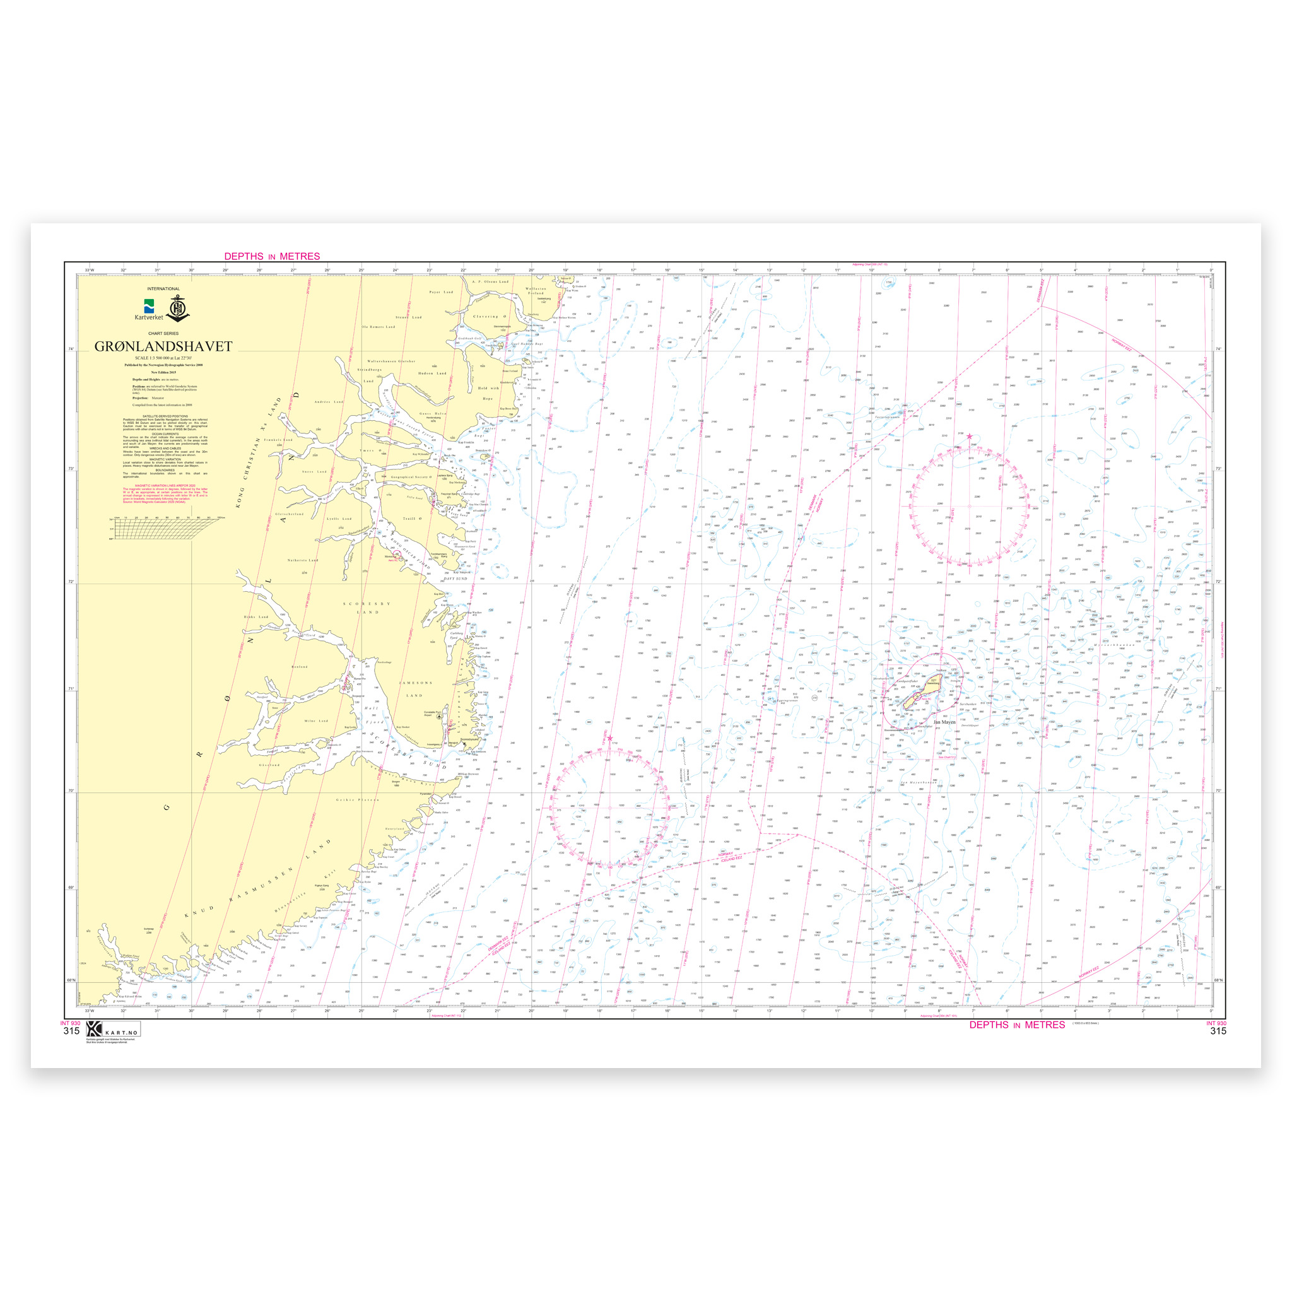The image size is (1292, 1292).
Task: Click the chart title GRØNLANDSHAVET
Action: click(163, 346)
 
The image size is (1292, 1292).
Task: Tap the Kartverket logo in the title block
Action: click(148, 309)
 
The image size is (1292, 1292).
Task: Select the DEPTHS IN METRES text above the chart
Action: click(271, 256)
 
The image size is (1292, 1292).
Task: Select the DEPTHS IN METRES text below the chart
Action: click(1016, 1025)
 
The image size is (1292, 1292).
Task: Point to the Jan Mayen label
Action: click(944, 722)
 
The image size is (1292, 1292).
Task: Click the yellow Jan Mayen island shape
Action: click(926, 692)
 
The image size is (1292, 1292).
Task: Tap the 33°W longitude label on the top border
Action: click(90, 270)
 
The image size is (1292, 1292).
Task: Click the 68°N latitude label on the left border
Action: click(70, 980)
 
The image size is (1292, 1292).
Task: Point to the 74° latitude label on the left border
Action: click(70, 349)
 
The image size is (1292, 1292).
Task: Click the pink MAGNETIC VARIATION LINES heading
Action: click(164, 485)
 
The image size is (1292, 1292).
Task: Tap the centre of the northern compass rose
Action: click(970, 506)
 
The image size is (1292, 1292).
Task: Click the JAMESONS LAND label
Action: click(415, 689)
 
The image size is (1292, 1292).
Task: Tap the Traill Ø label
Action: click(411, 519)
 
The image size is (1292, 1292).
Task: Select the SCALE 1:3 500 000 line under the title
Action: click(163, 358)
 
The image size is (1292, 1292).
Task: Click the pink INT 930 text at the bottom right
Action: click(1216, 1023)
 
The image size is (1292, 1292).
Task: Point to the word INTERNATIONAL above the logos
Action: click(163, 289)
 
